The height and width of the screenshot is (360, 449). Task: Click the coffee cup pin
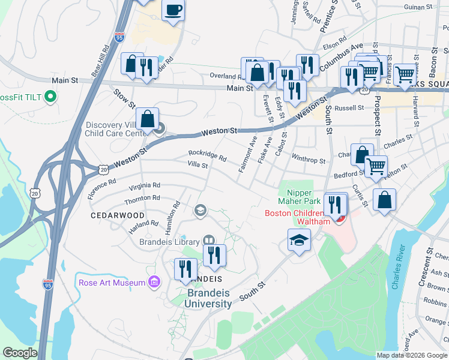[173, 11]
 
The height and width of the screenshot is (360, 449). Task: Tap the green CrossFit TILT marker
[50, 97]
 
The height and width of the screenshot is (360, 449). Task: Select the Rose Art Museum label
[112, 282]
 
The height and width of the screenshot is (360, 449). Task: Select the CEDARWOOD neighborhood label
[118, 215]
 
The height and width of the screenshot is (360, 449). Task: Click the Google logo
[20, 353]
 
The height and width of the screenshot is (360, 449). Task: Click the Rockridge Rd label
[206, 157]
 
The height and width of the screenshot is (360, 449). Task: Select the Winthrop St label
[308, 161]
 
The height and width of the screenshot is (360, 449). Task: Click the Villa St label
[197, 164]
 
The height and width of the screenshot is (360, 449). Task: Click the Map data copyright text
[411, 355]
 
